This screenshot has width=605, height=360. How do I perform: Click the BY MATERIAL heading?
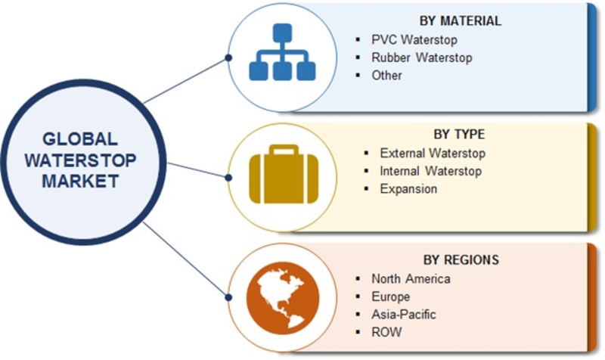461,20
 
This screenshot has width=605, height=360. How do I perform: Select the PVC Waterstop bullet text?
414,39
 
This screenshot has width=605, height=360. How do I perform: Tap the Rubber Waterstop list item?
422,57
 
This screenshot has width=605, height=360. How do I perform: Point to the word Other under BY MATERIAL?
386,75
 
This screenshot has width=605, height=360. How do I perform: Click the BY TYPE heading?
459,134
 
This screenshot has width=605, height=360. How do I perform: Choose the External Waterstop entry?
433,154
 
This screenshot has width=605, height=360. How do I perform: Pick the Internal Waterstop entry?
430,171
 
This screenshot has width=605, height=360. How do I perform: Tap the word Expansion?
408,188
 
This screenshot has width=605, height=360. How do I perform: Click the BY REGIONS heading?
461,259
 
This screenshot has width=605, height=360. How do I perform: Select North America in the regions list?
411,278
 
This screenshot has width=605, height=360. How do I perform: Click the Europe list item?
390,296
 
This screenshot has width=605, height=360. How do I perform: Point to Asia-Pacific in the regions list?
404,315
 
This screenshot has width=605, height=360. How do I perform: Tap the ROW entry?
386,332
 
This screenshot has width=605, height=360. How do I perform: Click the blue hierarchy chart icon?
282,52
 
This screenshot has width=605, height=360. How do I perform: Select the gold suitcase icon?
284,174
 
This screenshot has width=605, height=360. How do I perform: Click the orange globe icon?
283,298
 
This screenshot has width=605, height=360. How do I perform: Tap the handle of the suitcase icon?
284,150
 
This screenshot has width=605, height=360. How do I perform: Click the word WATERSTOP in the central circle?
80,160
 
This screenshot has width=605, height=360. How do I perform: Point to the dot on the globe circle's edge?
228,297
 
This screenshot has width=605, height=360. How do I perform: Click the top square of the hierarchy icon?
282,33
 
